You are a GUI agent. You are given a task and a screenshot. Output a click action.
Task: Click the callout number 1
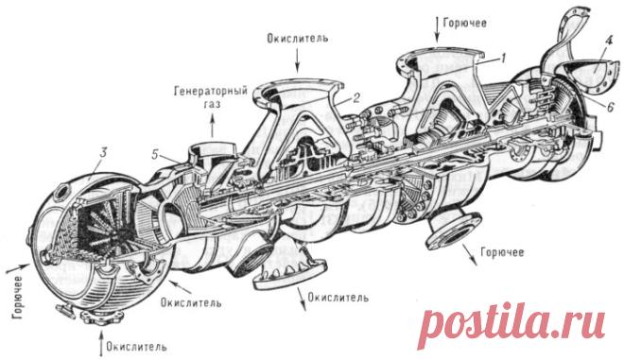coord(503,59)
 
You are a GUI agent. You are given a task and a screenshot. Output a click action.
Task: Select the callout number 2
coord(356,97)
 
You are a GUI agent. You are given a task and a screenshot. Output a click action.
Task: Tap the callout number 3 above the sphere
coord(103,153)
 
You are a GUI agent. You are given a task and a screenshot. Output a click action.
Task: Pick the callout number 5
coord(156,154)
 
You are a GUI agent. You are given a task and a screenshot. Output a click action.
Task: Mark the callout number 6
coord(611,107)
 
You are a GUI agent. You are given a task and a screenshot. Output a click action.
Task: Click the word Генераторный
coord(211,91)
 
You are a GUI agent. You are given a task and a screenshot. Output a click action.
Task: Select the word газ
coord(211,104)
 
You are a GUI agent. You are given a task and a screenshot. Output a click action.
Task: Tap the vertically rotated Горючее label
coord(18,297)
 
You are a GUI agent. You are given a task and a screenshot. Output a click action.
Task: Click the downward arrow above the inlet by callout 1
coord(437,29)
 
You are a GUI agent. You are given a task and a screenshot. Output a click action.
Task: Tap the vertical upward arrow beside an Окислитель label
coord(100,345)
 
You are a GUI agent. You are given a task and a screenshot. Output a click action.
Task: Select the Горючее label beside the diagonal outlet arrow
coord(502,252)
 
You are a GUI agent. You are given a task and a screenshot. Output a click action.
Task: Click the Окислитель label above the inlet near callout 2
coord(298,39)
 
